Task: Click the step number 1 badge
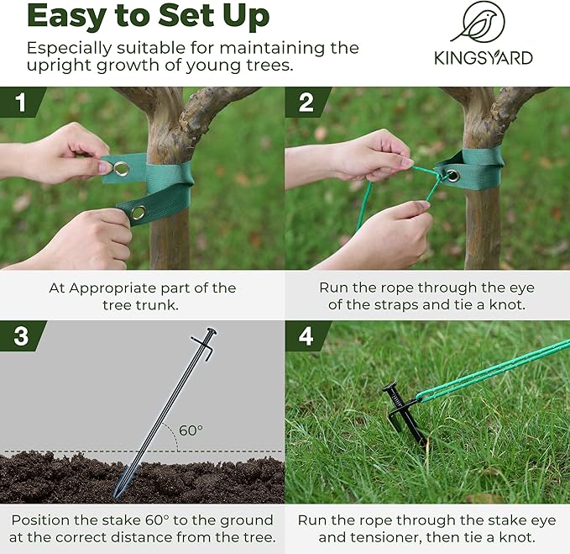click(18, 102)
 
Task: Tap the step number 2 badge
click(305, 102)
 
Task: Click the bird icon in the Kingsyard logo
click(478, 24)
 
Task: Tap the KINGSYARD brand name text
click(483, 58)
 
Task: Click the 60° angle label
click(191, 430)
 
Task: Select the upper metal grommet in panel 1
click(122, 169)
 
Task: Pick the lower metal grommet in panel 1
click(138, 212)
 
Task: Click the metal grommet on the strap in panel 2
click(452, 176)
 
